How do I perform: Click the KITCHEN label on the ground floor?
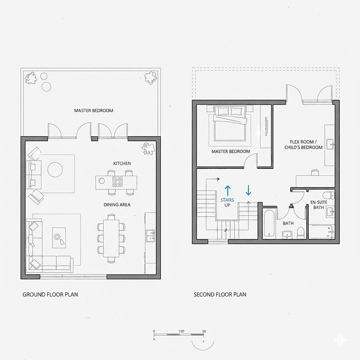click(122, 163)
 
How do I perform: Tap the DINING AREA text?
click(117, 205)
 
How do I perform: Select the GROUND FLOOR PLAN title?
click(50, 294)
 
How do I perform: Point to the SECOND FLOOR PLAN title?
click(220, 294)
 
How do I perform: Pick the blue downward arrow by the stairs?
click(248, 191)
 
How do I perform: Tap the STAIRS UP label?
click(227, 203)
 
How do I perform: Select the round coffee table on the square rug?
click(55, 170)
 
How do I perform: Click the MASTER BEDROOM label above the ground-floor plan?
click(94, 111)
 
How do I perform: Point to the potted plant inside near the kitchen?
click(148, 147)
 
